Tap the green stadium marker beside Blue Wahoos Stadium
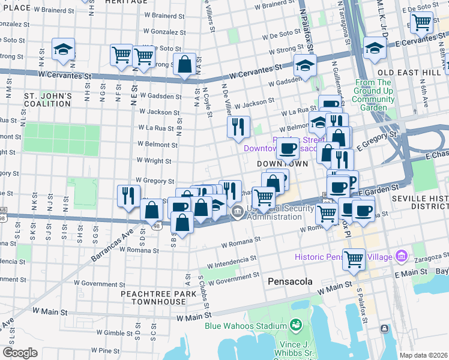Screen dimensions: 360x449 tap(295, 326)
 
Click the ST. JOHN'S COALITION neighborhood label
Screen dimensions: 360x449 tap(48, 100)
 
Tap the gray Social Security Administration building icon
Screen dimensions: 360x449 tap(238, 211)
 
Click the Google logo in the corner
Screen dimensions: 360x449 tap(20, 353)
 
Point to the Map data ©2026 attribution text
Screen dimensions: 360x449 tap(423, 355)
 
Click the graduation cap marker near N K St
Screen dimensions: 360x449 tap(63, 50)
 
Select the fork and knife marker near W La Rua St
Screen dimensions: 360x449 tap(238, 127)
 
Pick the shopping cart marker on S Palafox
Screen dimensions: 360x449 tap(354, 259)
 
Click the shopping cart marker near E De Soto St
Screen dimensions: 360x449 tap(421, 23)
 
